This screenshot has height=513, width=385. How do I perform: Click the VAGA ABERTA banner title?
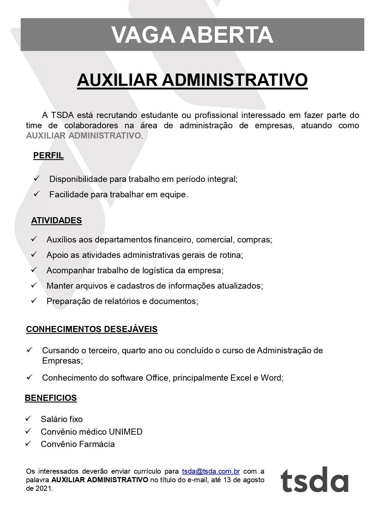192,35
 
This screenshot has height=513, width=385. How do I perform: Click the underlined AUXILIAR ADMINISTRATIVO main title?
192,80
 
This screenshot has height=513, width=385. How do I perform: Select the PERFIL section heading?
48,156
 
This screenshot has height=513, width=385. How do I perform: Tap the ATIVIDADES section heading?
56,221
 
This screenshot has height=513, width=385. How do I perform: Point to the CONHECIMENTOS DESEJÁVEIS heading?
92,329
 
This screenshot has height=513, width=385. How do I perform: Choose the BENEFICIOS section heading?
51,398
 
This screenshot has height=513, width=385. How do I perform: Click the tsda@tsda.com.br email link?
211,471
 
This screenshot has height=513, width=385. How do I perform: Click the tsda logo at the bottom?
314,479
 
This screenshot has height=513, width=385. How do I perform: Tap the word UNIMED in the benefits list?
126,432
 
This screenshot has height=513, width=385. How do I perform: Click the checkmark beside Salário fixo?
28,419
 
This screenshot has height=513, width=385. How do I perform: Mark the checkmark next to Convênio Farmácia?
28,444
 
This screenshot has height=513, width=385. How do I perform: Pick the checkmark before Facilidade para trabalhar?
37,194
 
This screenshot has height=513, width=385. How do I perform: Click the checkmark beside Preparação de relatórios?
34,301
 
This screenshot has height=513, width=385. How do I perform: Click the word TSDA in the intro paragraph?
62,115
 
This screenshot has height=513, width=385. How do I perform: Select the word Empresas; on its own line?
62,361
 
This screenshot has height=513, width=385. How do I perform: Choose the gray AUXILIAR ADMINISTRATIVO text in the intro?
84,136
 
